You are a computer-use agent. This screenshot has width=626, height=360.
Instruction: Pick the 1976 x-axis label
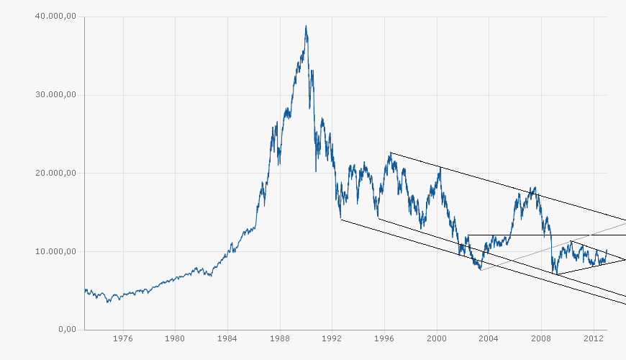pyautogui.click(x=123, y=337)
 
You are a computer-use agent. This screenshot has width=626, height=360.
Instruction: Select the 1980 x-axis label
pyautogui.click(x=175, y=337)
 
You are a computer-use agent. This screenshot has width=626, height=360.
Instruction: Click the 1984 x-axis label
pyautogui.click(x=227, y=337)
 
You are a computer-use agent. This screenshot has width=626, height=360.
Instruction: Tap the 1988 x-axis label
pyautogui.click(x=280, y=337)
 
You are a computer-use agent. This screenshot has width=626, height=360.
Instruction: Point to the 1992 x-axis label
pyautogui.click(x=332, y=337)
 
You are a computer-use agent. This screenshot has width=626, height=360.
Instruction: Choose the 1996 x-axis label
pyautogui.click(x=384, y=337)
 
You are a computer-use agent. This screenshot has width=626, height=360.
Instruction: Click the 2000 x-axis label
pyautogui.click(x=437, y=337)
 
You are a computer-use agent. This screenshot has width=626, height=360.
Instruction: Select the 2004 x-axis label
pyautogui.click(x=489, y=337)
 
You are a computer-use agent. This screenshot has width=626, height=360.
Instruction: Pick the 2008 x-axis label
pyautogui.click(x=541, y=337)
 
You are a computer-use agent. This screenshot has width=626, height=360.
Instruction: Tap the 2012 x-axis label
pyautogui.click(x=593, y=337)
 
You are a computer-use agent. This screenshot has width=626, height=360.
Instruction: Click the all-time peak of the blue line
pyautogui.click(x=306, y=26)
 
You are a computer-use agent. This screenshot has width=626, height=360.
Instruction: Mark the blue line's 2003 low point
pyautogui.click(x=480, y=270)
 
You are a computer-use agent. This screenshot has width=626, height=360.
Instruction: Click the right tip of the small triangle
pyautogui.click(x=625, y=259)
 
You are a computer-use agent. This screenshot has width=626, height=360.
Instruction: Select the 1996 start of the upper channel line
pyautogui.click(x=390, y=153)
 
